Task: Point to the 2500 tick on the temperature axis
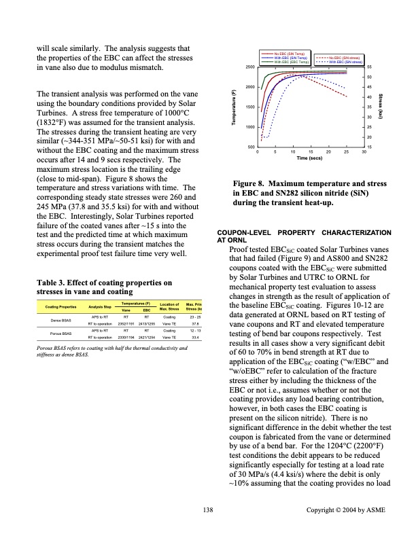tap(249, 67)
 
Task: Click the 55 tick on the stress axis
tap(369, 67)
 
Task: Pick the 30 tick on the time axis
tap(364, 153)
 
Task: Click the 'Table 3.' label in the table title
tap(52, 282)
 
